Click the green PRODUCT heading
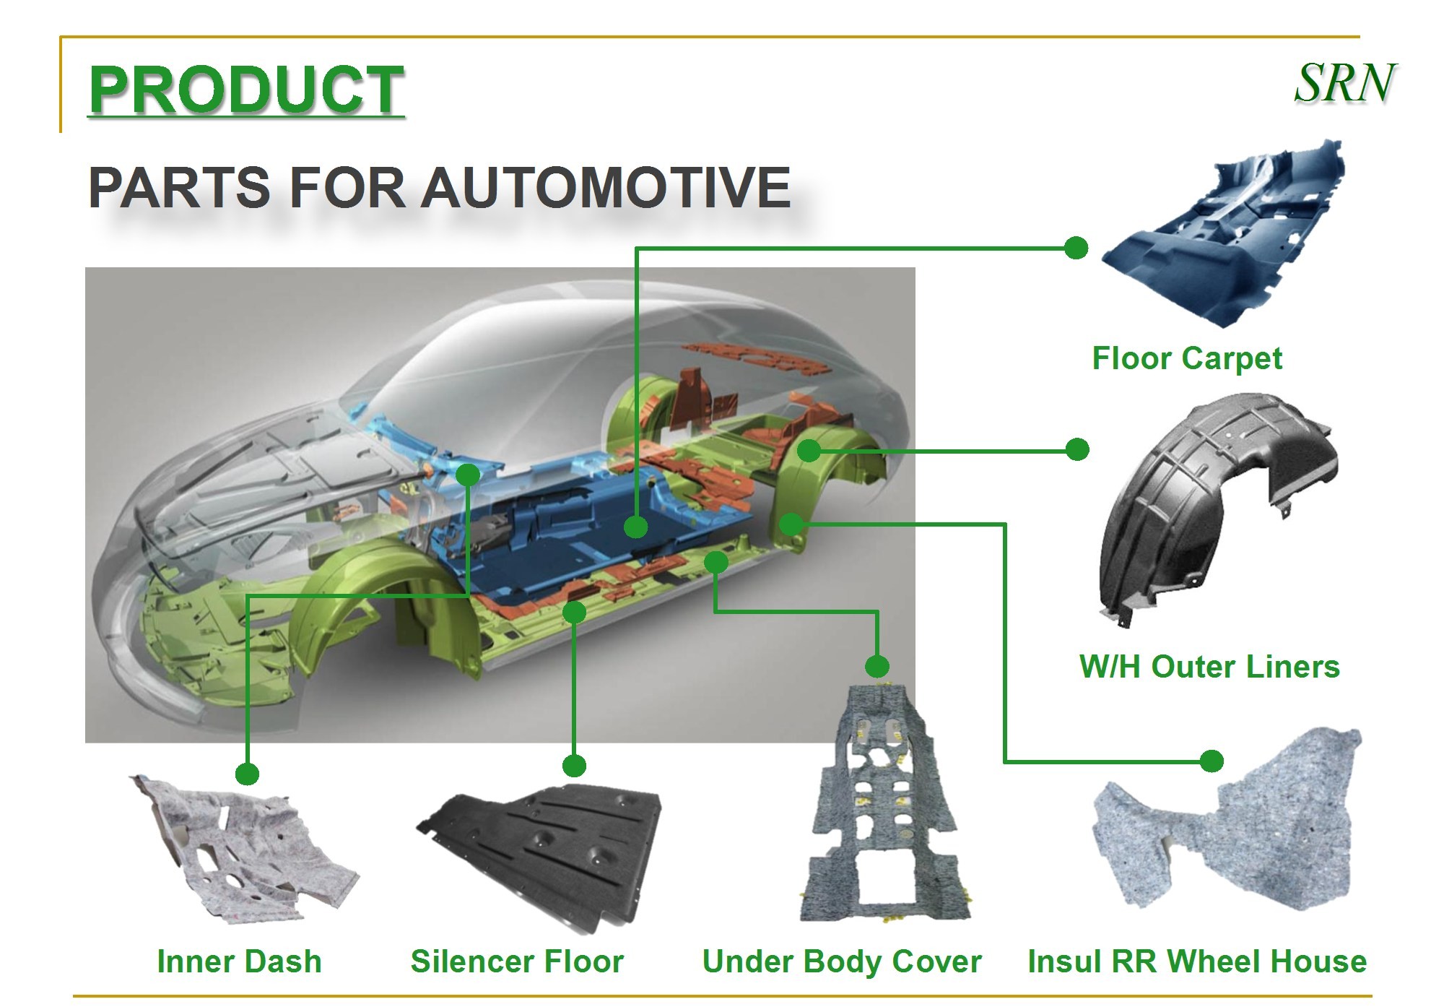point(245,90)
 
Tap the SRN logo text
point(1344,84)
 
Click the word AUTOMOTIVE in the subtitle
point(606,188)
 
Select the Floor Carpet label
point(1187,358)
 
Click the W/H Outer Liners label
point(1209,667)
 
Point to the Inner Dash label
point(239,961)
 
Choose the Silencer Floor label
point(517,961)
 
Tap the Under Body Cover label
point(842,961)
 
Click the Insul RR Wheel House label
point(1197,961)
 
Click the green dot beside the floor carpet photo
point(1076,248)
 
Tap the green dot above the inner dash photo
point(247,774)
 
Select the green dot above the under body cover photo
point(877,665)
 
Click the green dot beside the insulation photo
point(1212,761)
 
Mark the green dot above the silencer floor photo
point(574,765)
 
